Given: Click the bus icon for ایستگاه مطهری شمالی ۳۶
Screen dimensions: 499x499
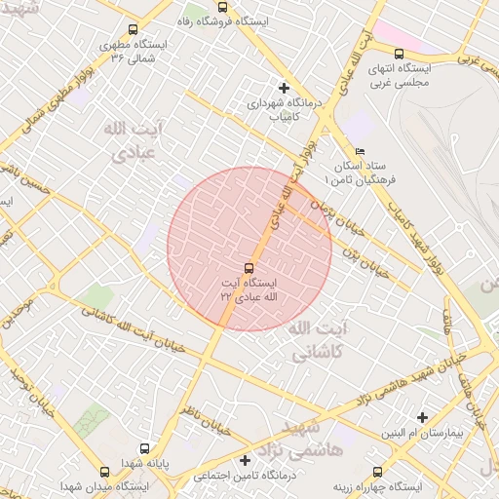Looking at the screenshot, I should pyautogui.click(x=133, y=27).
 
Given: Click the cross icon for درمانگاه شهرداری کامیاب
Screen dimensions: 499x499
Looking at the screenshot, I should pyautogui.click(x=283, y=87).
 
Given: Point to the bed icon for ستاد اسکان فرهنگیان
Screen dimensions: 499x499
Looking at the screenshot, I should pyautogui.click(x=360, y=151).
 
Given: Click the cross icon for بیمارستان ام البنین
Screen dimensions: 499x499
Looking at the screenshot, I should pyautogui.click(x=422, y=417).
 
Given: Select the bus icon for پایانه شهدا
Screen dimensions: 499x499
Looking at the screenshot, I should pyautogui.click(x=145, y=449).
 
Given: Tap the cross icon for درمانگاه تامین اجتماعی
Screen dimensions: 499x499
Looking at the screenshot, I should pyautogui.click(x=245, y=460).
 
